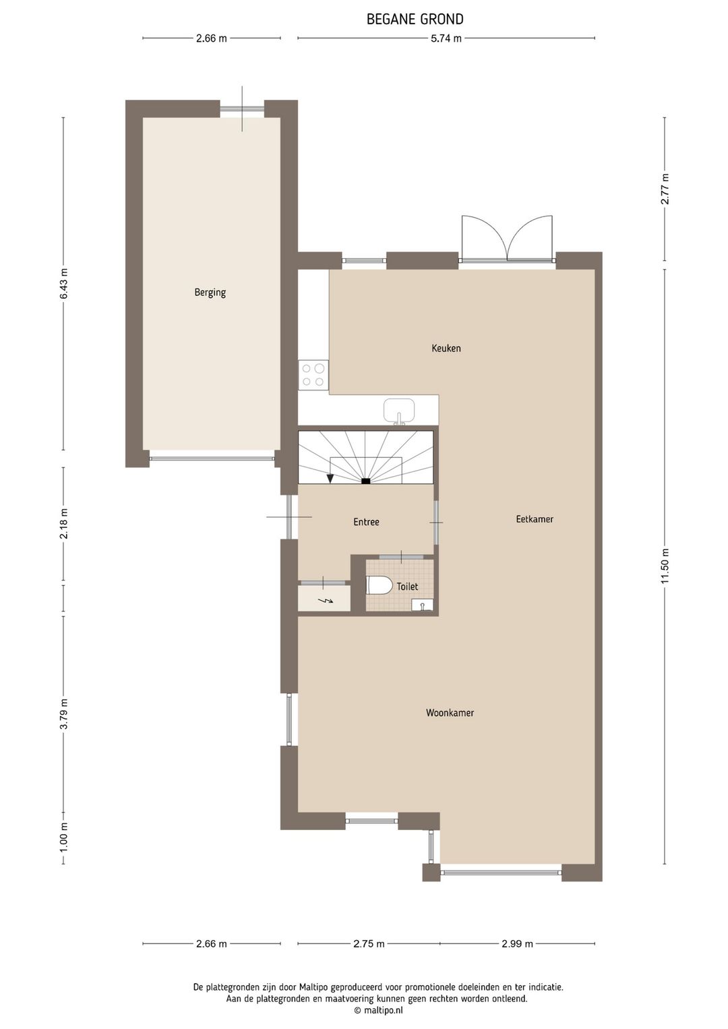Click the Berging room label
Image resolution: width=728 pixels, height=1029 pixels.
[x=210, y=293]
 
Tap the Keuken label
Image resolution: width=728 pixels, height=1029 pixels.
[x=446, y=349]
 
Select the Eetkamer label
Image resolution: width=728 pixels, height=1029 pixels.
[x=535, y=519]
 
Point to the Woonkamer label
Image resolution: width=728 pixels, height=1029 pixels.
[x=450, y=713]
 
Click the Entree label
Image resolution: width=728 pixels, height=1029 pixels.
[x=366, y=522]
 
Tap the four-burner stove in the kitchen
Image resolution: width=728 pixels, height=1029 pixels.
[x=313, y=375]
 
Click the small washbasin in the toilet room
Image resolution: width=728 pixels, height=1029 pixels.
[x=422, y=604]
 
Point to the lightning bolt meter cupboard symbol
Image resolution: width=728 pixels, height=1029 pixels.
[x=325, y=599]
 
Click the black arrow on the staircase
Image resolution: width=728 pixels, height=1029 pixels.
[x=330, y=478]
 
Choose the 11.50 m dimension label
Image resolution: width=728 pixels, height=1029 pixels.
[x=665, y=567]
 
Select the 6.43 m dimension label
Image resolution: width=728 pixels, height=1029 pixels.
[x=64, y=284]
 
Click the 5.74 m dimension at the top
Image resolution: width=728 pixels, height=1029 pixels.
[x=446, y=38]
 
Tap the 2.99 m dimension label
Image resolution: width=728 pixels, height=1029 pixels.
[x=517, y=943]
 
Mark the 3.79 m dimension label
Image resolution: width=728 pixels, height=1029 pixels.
[x=64, y=714]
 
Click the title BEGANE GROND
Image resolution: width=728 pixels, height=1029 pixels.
[x=415, y=20]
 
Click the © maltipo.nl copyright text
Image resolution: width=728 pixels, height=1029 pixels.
[x=377, y=1010]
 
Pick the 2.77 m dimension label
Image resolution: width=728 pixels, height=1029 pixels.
[x=665, y=189]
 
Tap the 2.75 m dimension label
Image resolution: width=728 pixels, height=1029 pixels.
[x=369, y=943]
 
